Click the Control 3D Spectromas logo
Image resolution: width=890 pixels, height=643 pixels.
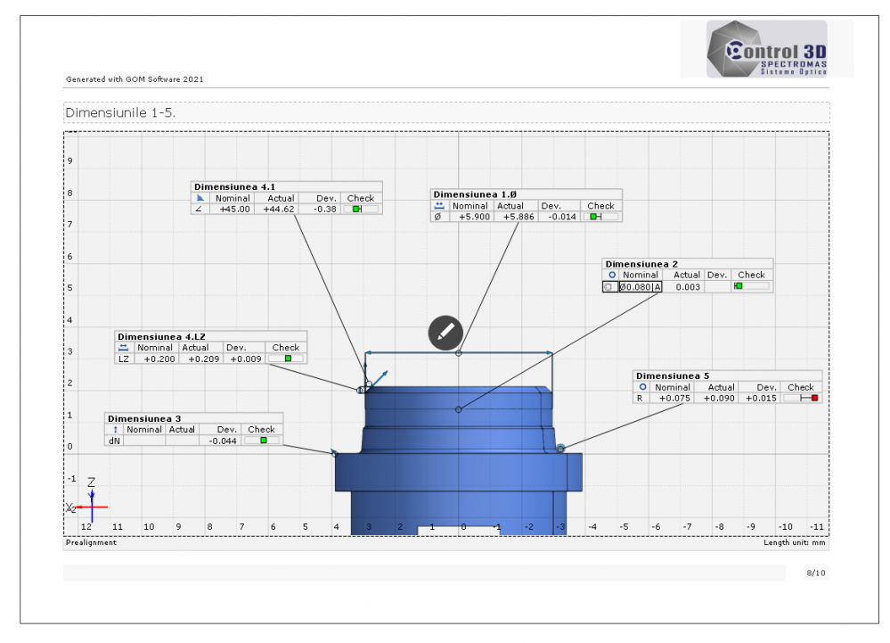tap(766, 49)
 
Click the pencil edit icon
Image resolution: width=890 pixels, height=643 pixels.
tap(445, 333)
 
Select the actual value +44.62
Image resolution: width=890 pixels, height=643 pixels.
tap(279, 209)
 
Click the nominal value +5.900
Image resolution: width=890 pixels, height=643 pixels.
tap(470, 217)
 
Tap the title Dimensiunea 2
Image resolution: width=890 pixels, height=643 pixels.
tap(641, 264)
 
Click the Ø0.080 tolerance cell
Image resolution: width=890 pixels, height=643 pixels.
tap(635, 287)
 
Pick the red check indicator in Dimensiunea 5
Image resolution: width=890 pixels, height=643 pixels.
tap(814, 399)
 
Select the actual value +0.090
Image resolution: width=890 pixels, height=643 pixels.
tap(720, 399)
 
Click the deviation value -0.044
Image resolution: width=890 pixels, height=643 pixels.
tap(223, 441)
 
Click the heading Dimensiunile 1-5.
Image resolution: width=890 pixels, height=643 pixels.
tap(119, 113)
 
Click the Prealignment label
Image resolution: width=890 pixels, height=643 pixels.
tap(91, 542)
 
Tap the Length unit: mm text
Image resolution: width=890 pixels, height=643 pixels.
tap(795, 542)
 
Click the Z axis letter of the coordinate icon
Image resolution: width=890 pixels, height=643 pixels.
tap(91, 482)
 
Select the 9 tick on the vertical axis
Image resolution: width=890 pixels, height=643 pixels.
tap(69, 161)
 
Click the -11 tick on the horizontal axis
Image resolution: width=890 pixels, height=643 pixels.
tap(815, 527)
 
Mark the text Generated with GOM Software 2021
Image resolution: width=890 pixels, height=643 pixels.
tap(135, 79)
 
